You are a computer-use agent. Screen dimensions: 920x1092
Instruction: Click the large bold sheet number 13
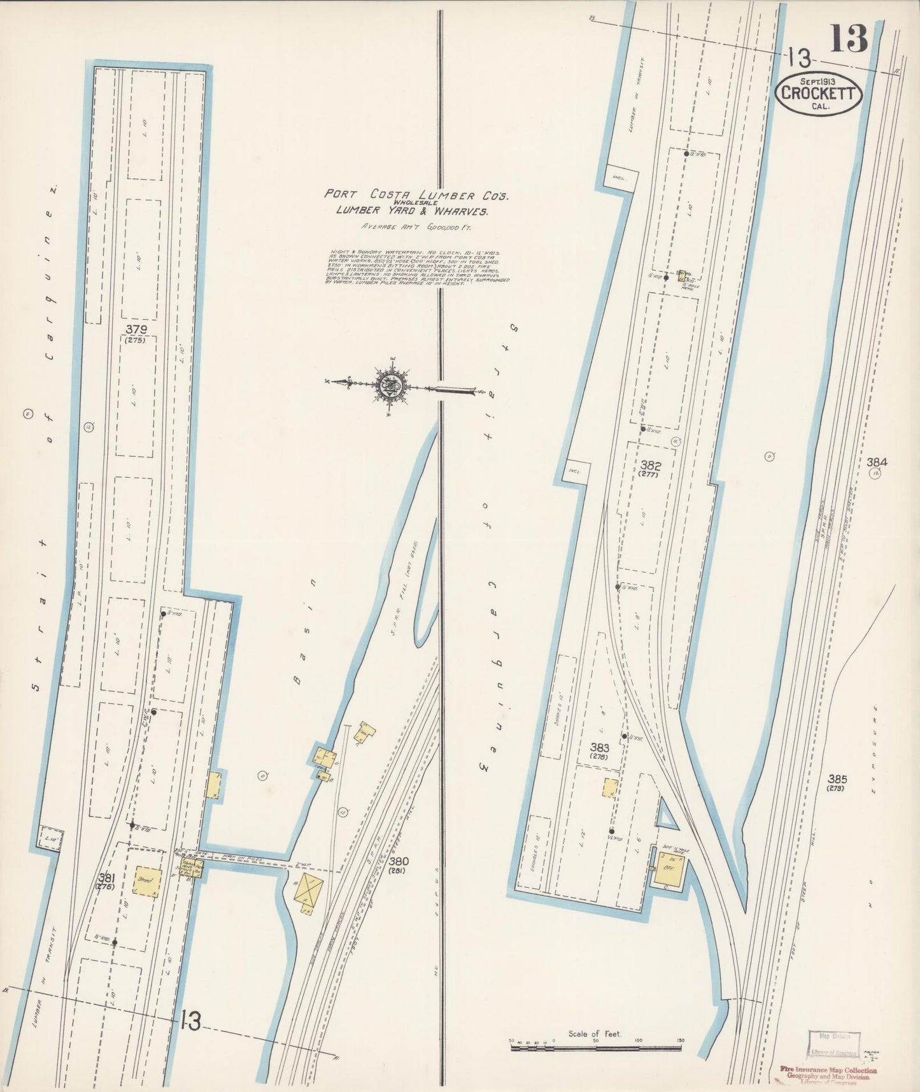(x=849, y=39)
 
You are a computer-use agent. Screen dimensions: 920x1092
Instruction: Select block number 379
(x=136, y=329)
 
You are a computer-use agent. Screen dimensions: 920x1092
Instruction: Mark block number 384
(x=876, y=461)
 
